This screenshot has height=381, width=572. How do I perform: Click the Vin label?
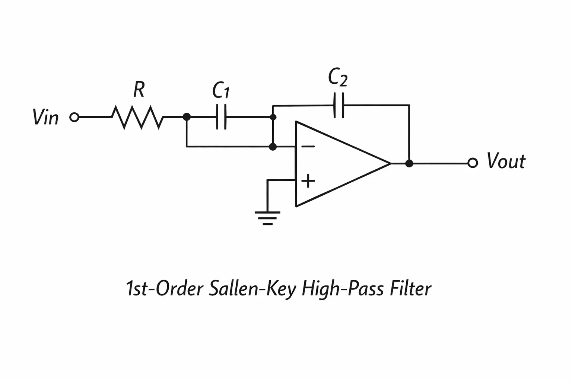46,117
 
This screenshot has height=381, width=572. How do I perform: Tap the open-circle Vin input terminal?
74,117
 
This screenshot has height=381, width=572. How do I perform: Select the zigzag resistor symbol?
137,117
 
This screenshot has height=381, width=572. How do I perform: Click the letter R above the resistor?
139,89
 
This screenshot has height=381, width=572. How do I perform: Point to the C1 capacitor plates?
221,117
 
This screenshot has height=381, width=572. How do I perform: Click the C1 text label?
221,90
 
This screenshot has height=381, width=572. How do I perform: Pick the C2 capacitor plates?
339,105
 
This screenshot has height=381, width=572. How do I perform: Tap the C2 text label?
338,77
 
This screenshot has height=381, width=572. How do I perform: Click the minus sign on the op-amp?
308,147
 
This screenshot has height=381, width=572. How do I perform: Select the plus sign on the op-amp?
308,181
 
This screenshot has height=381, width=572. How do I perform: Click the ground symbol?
267,218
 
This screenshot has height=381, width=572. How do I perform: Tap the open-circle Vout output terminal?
473,163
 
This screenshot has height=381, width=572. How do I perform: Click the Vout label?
506,161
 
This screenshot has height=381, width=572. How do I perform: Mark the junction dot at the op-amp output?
409,163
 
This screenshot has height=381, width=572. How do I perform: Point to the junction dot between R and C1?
187,117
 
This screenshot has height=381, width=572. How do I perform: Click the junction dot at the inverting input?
273,147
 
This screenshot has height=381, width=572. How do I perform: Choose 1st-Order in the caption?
165,288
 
